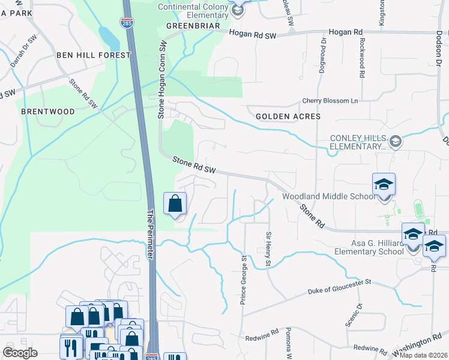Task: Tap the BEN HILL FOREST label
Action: [94, 55]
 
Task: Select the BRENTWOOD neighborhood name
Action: [48, 112]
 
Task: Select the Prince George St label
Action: [244, 280]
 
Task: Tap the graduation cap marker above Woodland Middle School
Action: [384, 185]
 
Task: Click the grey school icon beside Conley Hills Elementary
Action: [395, 142]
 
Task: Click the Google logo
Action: [20, 353]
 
